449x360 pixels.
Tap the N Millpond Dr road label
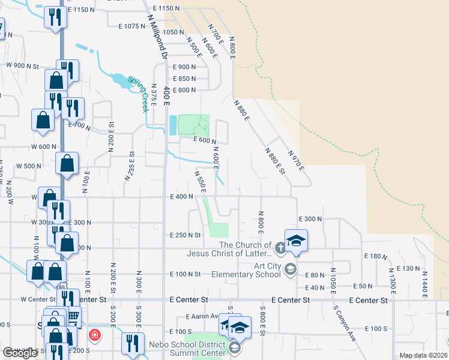pos(155,36)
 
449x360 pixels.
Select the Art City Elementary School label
pos(246,270)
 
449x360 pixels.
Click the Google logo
pos(20,353)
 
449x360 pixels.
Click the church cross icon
pos(280,247)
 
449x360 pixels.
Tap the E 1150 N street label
pos(166,8)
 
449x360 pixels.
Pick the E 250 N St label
pos(185,235)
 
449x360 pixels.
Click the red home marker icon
pos(94,335)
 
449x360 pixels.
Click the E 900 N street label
pos(184,67)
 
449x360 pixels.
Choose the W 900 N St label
pos(22,65)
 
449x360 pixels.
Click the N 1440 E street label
pos(424,281)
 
